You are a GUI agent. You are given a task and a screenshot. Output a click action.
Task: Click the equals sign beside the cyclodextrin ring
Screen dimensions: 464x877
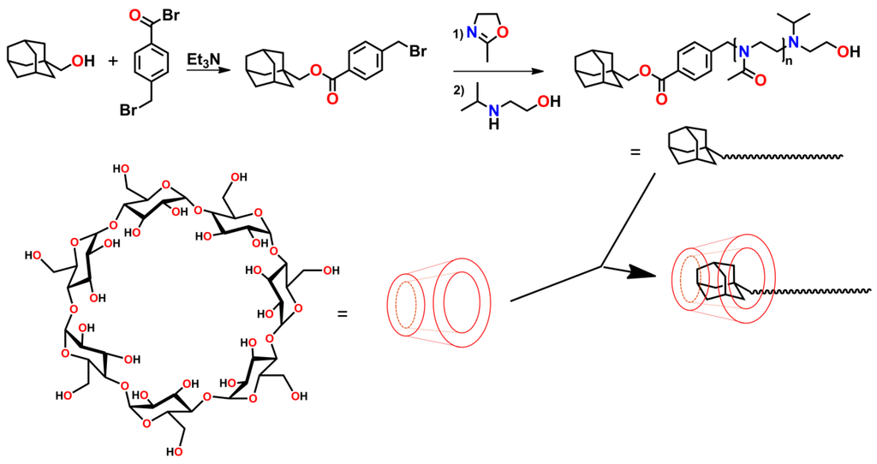pyautogui.click(x=343, y=312)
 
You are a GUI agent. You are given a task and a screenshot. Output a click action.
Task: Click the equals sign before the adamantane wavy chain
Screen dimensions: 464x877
pyautogui.click(x=635, y=153)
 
